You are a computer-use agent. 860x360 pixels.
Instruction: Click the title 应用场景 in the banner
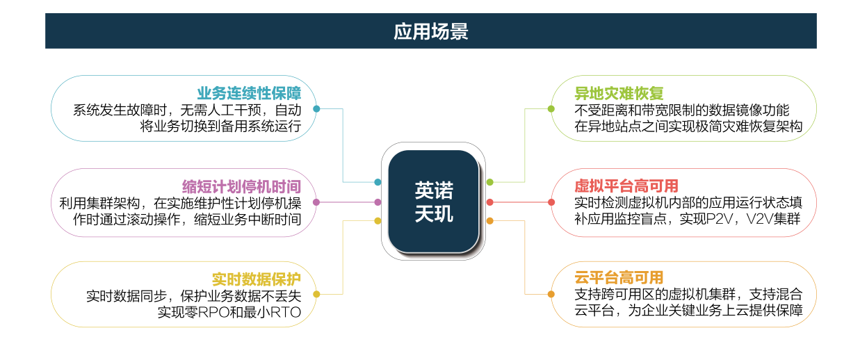(x=431, y=31)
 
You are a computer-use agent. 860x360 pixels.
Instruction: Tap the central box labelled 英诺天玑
(x=433, y=202)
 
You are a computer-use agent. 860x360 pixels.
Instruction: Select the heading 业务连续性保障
(x=249, y=93)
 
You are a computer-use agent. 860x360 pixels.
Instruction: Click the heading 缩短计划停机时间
(x=241, y=186)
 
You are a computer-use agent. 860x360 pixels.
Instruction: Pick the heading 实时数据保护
(x=257, y=279)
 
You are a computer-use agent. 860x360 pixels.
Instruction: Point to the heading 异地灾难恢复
(x=619, y=93)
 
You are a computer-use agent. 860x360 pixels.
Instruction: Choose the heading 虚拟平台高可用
(x=626, y=186)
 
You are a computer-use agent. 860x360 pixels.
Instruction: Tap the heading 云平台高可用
(x=619, y=277)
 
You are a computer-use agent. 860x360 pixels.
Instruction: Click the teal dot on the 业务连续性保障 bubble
(x=316, y=109)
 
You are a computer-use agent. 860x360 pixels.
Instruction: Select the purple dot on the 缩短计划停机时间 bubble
(x=316, y=202)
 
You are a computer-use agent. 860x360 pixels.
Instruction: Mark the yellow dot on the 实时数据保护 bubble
(x=316, y=295)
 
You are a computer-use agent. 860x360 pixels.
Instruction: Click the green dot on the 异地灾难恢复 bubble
(x=551, y=109)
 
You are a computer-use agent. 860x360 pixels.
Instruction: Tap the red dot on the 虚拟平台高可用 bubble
(x=551, y=202)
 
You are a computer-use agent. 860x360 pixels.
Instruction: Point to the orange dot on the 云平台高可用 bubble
(x=551, y=295)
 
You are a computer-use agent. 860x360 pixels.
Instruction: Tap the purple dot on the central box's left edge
(x=378, y=202)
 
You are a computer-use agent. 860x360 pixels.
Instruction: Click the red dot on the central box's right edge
(x=490, y=202)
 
